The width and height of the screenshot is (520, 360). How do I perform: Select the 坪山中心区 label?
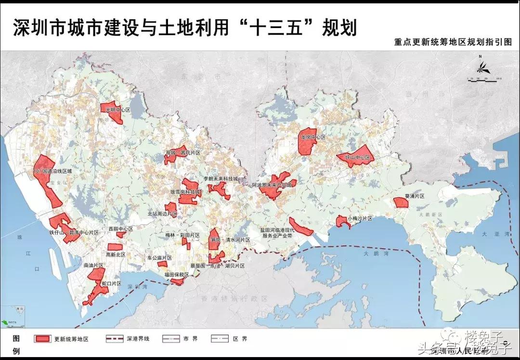point(354,158)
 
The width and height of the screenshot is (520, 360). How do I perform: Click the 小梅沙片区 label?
point(360,218)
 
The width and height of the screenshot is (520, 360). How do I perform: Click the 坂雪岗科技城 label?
point(185,191)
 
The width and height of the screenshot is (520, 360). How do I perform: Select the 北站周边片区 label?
point(162,213)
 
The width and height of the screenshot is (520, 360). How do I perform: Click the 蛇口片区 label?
point(111,284)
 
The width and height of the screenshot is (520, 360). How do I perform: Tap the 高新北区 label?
point(116,254)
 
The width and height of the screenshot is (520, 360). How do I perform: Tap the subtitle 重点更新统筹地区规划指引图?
point(453,42)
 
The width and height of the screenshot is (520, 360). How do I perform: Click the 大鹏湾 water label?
point(372,253)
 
